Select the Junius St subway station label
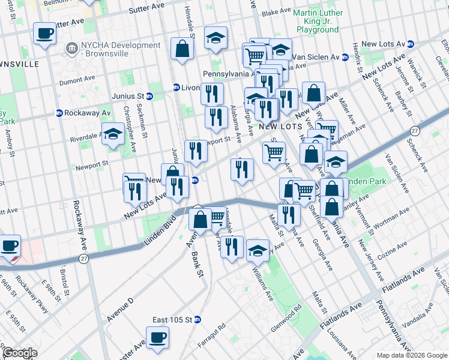[x=127, y=95]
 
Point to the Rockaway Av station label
[x=83, y=112]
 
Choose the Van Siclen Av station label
[x=318, y=57]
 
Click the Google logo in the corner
[x=19, y=353]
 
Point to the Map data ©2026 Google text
[x=411, y=355]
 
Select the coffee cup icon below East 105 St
[x=157, y=337]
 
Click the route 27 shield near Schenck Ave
[x=415, y=131]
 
